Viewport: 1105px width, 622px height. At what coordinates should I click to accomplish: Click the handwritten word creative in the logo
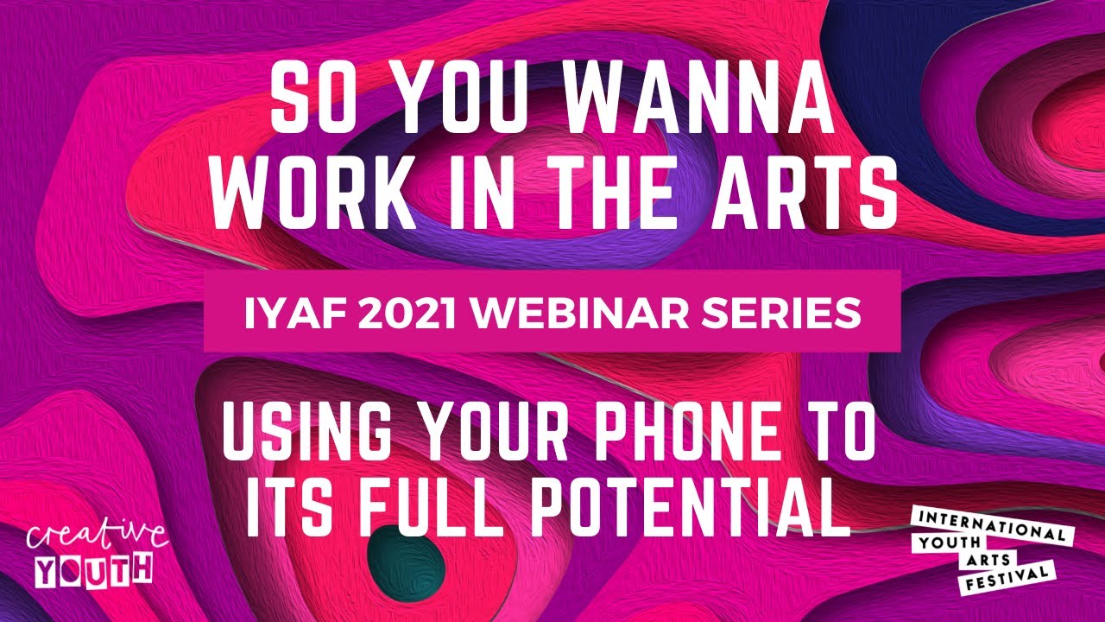point(96,536)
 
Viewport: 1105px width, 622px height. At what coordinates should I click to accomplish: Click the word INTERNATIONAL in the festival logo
point(991,524)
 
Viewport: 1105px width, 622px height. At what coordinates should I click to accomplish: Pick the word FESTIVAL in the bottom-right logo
point(1007,577)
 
